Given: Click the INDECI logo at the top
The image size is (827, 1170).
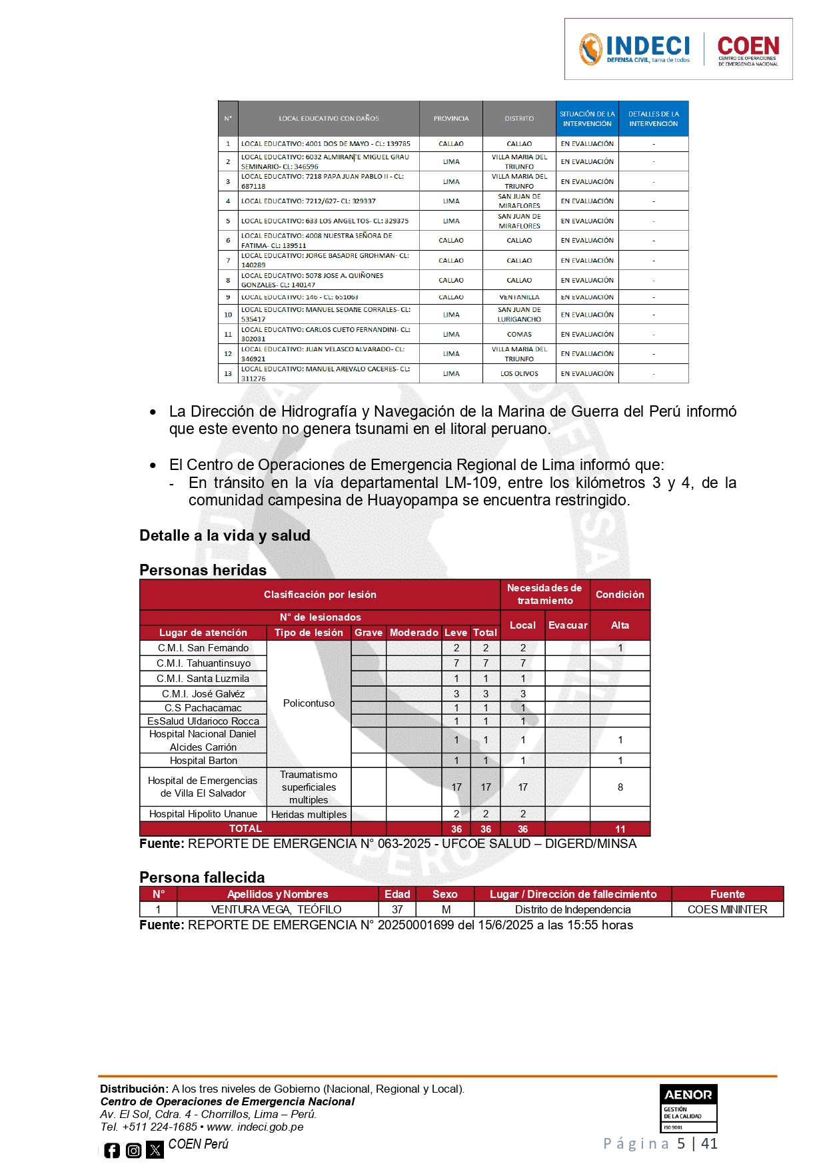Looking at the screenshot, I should point(634,49).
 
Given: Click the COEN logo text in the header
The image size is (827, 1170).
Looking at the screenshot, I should point(748,49).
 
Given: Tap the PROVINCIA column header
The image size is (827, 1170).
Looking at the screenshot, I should point(451,119).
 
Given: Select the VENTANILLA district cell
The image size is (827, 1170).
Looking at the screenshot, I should point(519,297).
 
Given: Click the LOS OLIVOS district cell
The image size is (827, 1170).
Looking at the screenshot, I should point(519,374).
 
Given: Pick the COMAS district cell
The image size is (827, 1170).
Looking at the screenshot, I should point(519,335).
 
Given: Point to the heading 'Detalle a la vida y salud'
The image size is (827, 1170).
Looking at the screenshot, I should point(225,535).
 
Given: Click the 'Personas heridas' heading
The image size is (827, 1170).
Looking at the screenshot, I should point(203,570).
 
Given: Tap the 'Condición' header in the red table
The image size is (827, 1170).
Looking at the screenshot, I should point(620,595).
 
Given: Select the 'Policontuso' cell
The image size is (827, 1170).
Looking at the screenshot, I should point(309,703).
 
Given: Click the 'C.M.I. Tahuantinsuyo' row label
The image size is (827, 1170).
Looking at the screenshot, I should point(203,663).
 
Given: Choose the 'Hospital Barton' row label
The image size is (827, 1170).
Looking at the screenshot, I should point(203,761).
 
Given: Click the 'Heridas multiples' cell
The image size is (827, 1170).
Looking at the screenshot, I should point(309,815).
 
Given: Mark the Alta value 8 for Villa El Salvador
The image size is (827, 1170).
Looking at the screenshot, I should point(620,787).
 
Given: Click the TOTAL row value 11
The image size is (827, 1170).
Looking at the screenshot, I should point(620,829).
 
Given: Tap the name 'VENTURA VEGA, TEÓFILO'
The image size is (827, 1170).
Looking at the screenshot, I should point(277,909).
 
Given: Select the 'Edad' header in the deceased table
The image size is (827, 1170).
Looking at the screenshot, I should point(397,894).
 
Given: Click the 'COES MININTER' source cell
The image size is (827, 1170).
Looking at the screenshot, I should point(727,909).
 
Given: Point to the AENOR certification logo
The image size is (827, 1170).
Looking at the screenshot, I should point(688,1108).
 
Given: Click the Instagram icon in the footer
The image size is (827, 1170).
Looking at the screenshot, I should point(134,1150).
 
